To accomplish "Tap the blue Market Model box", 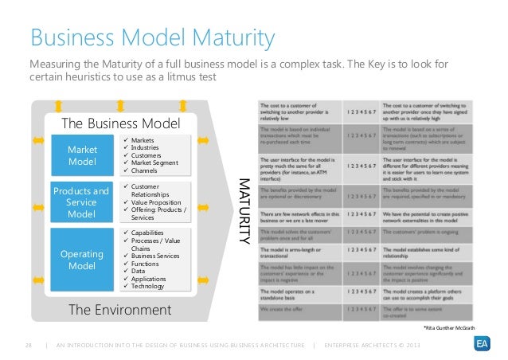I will pos(82,156).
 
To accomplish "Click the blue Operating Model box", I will pos(82,259).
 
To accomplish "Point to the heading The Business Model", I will pos(121,123).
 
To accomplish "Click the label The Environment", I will pos(119,308).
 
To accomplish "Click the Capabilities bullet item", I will pos(153,233).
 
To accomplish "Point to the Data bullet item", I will pos(140,272).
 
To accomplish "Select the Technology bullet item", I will pos(151,287).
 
